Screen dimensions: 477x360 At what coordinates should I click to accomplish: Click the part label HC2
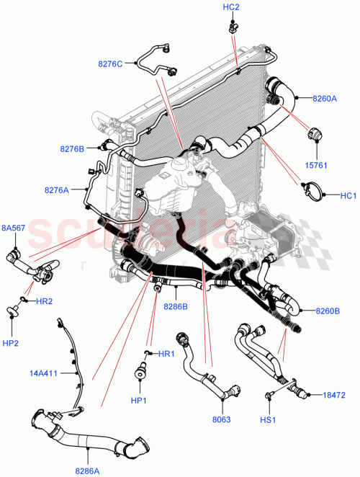[x=231, y=7]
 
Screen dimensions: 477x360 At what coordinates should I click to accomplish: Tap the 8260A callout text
[x=324, y=99]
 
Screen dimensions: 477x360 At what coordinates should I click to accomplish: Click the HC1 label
[x=348, y=195]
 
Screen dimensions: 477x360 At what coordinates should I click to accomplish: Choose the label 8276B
[x=73, y=149]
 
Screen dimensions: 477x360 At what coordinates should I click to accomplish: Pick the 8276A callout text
[x=57, y=191]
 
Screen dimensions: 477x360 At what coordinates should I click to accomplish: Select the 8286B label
[x=176, y=306]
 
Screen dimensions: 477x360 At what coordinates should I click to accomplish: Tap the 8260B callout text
[x=328, y=311]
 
